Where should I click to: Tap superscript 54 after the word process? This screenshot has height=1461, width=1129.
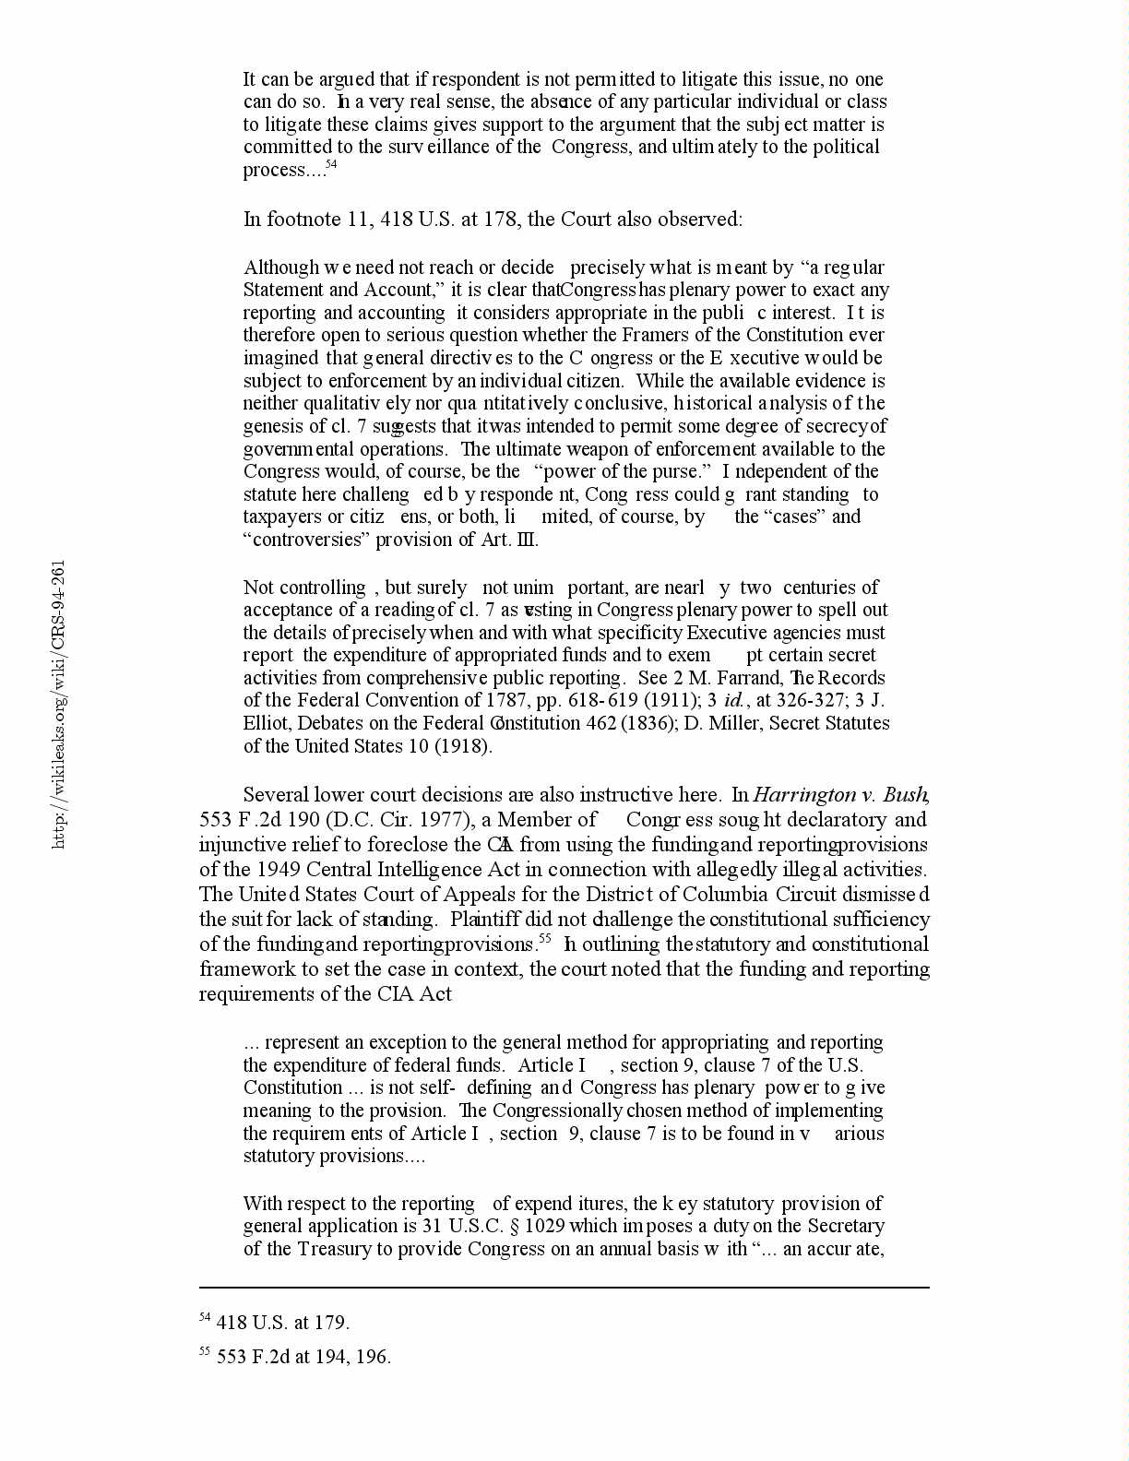pyautogui.click(x=332, y=164)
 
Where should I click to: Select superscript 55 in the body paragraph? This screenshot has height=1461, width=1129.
pyautogui.click(x=545, y=939)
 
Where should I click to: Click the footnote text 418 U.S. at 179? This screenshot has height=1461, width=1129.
pyautogui.click(x=282, y=1323)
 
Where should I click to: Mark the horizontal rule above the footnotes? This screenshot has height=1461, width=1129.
pyautogui.click(x=564, y=1288)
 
